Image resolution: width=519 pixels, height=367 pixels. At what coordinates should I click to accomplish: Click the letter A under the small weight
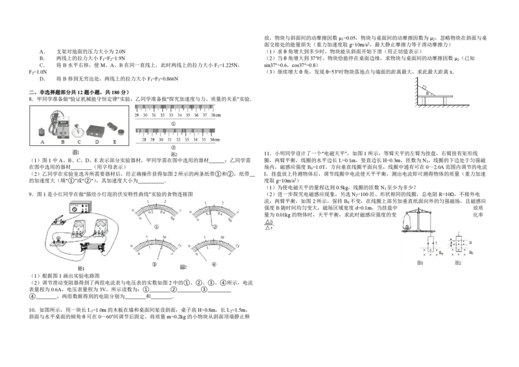pos(42,142)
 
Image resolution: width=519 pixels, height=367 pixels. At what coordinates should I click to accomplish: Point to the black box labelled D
pos(97,129)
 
